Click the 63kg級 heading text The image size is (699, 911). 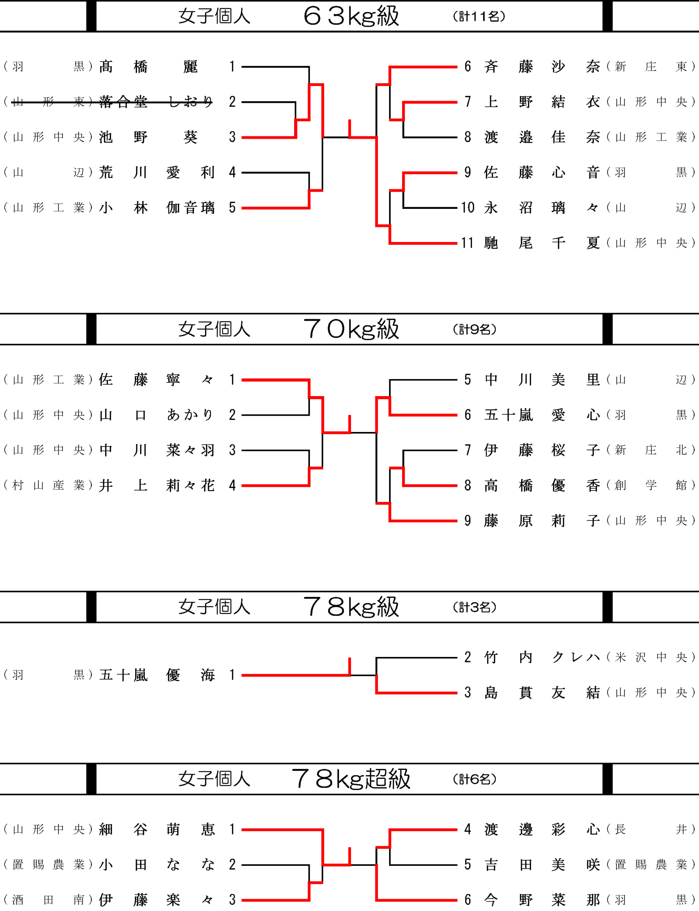351,16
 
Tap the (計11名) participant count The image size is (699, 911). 478,16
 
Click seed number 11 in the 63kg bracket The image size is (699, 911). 467,243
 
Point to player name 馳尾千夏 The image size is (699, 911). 542,243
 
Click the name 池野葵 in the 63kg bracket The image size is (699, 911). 148,137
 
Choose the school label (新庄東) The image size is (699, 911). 651,67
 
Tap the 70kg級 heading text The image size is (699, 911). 351,329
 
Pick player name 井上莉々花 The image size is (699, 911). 157,485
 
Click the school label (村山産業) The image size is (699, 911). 48,485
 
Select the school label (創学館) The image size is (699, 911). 651,485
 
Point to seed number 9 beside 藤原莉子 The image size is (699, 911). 468,521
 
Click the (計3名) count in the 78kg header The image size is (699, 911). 474,607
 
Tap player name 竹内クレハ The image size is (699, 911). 542,657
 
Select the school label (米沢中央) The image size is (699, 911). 651,657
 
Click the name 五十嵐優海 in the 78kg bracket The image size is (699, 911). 157,675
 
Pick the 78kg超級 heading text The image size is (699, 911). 351,779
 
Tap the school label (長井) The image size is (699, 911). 651,830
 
